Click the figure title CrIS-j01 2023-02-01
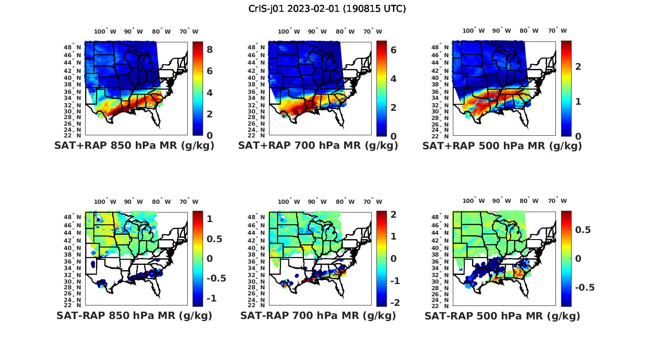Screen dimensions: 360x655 click(327, 9)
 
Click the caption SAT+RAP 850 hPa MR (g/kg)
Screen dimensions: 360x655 click(134, 146)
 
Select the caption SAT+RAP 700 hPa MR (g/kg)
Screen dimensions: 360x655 click(318, 146)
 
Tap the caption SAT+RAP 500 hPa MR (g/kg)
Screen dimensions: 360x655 click(502, 146)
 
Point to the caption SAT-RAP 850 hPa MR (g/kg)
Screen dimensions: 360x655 click(134, 315)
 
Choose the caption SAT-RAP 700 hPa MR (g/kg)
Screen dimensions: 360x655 click(318, 315)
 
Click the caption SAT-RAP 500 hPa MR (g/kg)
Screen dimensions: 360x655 click(502, 315)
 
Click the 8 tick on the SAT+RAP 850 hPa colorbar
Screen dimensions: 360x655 click(210, 50)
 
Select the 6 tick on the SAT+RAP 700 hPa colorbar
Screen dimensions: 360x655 click(393, 50)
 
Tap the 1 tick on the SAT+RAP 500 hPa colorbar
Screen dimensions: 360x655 click(578, 101)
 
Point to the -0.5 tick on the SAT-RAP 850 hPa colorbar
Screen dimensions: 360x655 click(216, 278)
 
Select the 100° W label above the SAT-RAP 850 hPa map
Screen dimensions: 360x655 click(105, 202)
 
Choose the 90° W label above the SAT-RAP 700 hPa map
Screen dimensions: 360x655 click(317, 202)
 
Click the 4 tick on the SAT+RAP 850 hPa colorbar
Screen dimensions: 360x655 click(210, 93)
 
